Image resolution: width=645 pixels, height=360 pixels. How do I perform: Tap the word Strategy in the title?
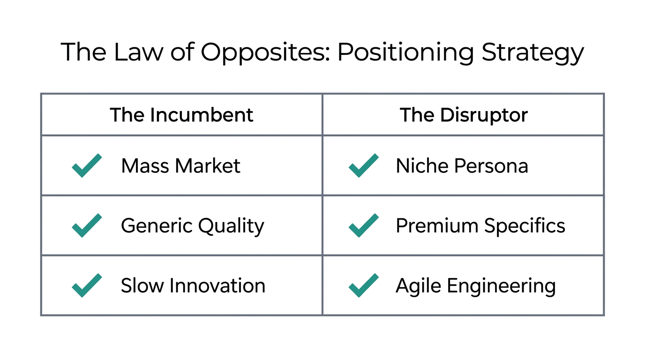[532, 52]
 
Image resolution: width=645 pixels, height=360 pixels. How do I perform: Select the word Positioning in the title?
[405, 52]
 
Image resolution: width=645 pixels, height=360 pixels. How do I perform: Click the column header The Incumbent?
[181, 115]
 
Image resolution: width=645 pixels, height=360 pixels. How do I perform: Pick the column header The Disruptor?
[464, 115]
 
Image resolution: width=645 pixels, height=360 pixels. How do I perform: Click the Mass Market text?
[180, 166]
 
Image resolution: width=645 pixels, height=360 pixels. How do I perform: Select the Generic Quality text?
[192, 226]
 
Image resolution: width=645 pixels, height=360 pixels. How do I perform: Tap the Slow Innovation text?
[193, 285]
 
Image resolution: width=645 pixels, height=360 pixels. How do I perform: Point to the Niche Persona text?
[462, 166]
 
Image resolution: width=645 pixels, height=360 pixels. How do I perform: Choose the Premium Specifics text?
[480, 226]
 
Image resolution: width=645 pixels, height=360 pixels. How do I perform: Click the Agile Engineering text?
[475, 286]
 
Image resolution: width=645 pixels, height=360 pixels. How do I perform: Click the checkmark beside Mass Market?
[87, 165]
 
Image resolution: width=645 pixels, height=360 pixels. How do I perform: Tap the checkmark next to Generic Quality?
[87, 225]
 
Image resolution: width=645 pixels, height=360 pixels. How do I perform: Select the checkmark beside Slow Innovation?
[87, 285]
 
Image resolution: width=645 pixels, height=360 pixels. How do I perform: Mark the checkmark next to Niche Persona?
[364, 165]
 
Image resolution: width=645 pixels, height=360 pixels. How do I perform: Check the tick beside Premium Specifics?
[364, 225]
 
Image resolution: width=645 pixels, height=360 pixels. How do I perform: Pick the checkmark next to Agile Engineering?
[364, 285]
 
